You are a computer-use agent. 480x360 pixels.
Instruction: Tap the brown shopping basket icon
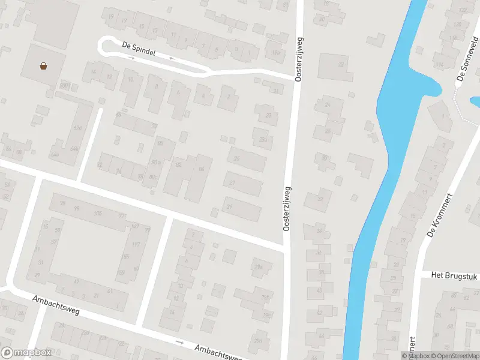[x=44, y=66]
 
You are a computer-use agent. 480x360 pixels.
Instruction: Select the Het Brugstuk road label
[x=452, y=275]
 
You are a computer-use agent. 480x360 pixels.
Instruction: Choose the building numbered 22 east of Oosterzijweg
[x=341, y=64]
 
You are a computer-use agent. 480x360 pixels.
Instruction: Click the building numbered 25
[x=237, y=158]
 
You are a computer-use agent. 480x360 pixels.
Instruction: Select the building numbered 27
[x=232, y=181]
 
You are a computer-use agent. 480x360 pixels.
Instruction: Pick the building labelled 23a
[x=262, y=139]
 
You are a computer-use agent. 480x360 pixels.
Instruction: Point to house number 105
[x=98, y=214]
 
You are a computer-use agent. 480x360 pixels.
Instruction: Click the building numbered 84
[x=201, y=169]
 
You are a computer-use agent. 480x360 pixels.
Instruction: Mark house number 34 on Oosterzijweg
[x=319, y=231]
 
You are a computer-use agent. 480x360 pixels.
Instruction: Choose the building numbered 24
[x=328, y=105]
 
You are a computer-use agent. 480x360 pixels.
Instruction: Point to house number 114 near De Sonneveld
[x=440, y=65]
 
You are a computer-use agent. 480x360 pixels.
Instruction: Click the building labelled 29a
[x=259, y=267]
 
